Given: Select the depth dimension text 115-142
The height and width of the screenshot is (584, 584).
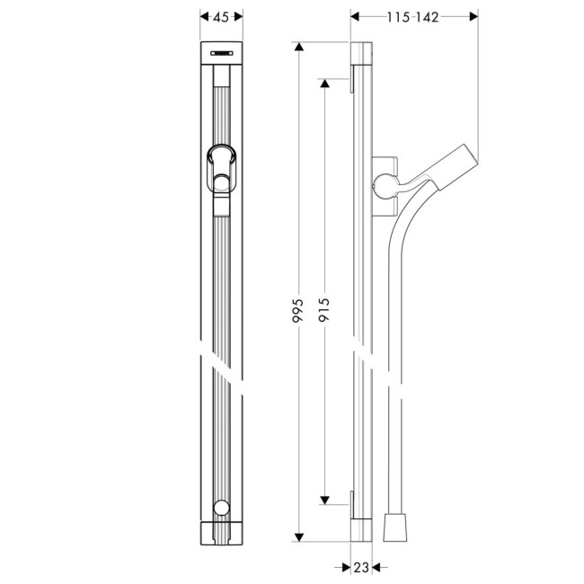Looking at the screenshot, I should click(413, 17).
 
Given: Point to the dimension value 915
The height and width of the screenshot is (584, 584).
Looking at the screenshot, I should click(324, 309).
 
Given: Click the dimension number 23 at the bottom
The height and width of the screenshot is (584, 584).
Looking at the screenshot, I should click(360, 567).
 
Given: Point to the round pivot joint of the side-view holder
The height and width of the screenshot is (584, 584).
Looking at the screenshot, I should click(382, 186).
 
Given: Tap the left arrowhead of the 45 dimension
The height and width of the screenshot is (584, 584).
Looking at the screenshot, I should click(200, 17).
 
